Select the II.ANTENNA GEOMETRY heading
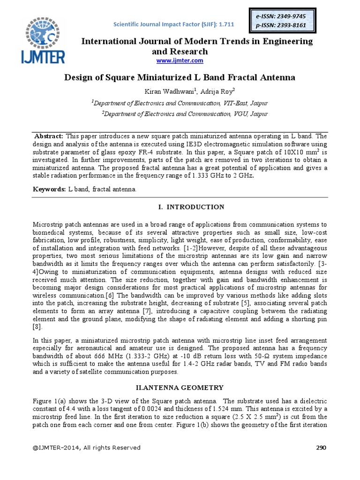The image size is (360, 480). (x=180, y=387)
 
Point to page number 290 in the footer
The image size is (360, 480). (x=321, y=448)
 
